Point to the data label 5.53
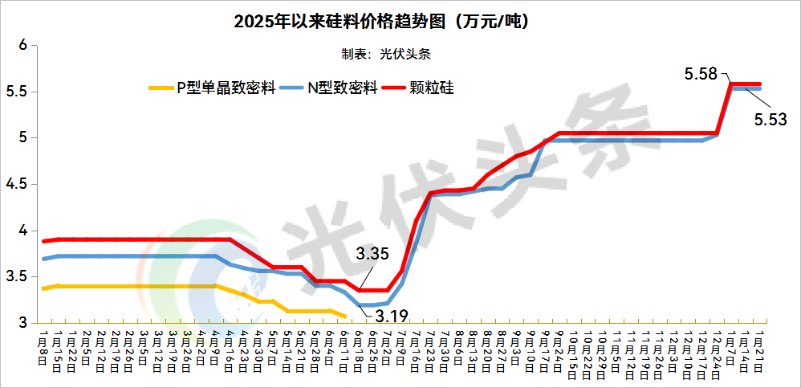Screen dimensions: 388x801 (771, 119)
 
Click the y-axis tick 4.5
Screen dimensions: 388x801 (17, 185)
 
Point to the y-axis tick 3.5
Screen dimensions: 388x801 (17, 277)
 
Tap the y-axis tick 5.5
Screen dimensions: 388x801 (17, 92)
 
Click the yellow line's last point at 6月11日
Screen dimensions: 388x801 (345, 317)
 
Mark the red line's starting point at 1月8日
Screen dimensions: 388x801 (44, 241)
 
